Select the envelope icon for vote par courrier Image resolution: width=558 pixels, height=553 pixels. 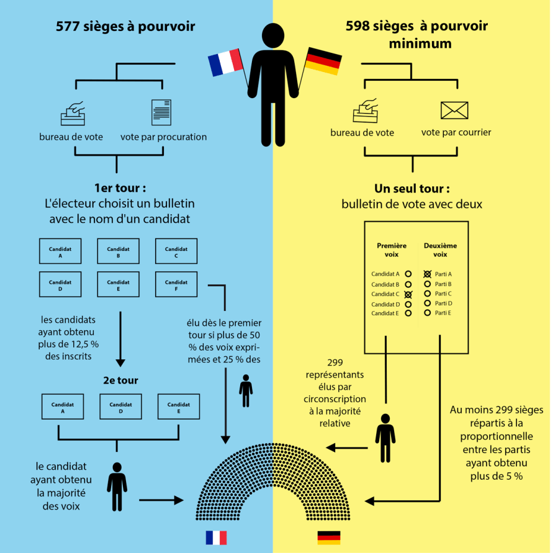tap(454, 110)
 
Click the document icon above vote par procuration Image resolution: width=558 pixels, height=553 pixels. tap(161, 112)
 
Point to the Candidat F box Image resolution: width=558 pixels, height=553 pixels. tap(176, 285)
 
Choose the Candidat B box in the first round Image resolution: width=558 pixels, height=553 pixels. tap(118, 251)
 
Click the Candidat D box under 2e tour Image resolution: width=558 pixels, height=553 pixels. tap(120, 407)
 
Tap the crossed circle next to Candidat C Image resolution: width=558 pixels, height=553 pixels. tap(408, 294)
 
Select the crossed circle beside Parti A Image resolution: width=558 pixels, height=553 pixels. tap(427, 274)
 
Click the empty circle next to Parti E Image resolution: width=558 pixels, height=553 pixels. tap(427, 313)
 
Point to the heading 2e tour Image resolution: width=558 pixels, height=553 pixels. tap(121, 380)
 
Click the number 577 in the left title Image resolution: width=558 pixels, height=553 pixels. tap(68, 27)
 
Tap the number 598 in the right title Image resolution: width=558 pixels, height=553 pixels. tap(358, 27)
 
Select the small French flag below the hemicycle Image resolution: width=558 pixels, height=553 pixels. tap(216, 537)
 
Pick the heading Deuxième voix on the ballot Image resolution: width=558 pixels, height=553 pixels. tap(440, 250)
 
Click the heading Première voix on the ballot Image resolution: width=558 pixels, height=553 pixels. tap(392, 250)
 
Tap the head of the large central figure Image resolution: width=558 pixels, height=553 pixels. tap(274, 35)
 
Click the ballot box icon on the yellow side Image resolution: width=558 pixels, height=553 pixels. tap(366, 111)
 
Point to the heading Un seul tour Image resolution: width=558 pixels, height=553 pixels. tap(412, 189)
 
